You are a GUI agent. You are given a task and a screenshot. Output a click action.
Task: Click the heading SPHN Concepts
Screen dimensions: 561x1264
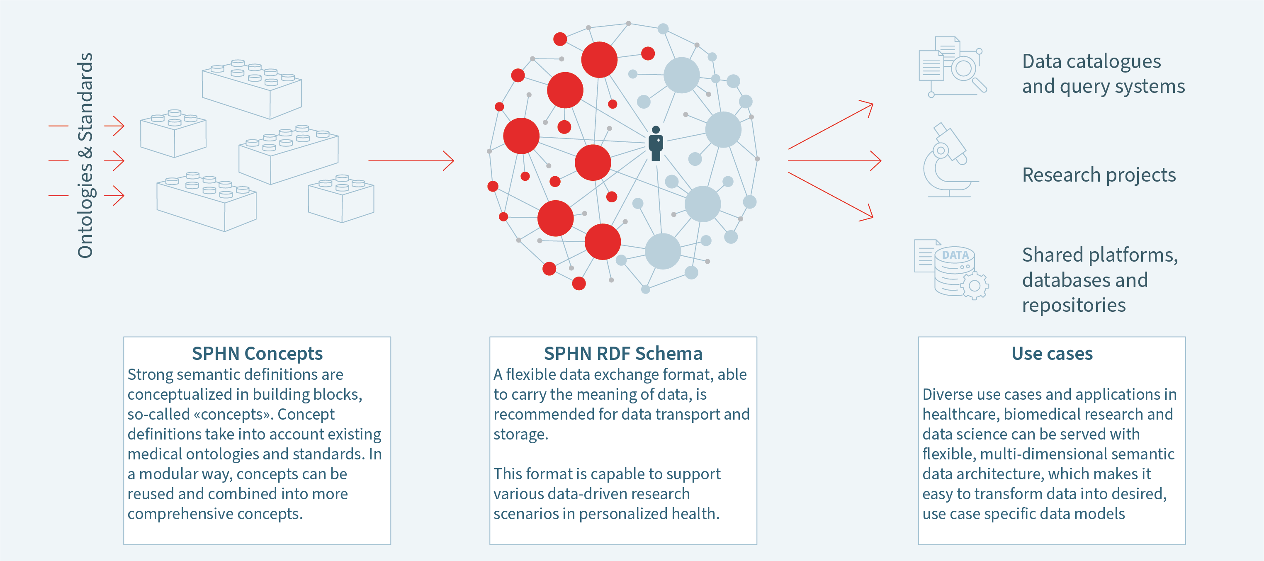(x=257, y=353)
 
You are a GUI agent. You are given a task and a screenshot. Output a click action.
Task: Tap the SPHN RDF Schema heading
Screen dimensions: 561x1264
(x=623, y=353)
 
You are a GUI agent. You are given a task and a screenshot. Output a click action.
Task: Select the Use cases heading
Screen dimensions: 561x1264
(x=1052, y=353)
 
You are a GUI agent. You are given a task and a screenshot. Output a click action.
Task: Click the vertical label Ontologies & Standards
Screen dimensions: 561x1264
(x=85, y=155)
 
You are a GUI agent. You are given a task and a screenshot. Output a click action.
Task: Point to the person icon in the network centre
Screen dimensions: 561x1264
(x=656, y=144)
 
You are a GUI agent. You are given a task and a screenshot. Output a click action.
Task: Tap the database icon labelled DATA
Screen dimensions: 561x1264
(x=952, y=270)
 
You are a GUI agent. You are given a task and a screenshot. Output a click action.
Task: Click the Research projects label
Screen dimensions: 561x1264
(x=1099, y=175)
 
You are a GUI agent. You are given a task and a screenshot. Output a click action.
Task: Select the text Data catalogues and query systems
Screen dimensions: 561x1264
(x=1103, y=74)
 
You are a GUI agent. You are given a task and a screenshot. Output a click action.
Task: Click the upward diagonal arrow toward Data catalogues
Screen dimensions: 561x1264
(x=830, y=126)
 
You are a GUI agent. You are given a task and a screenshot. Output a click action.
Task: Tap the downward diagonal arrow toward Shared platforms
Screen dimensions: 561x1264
(x=830, y=195)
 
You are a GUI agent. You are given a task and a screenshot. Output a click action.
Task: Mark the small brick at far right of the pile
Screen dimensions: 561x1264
(x=341, y=199)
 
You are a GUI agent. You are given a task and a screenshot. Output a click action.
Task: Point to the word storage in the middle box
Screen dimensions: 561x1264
(x=520, y=435)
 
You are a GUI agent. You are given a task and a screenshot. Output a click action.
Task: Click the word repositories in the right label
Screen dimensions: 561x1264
(x=1074, y=305)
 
